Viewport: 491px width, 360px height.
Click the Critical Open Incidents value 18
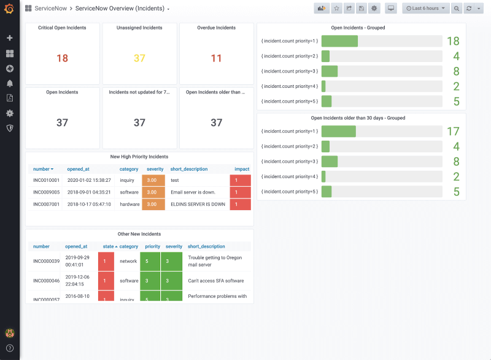click(x=62, y=58)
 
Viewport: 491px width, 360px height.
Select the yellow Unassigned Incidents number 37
click(x=139, y=58)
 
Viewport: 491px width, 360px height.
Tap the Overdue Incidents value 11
click(x=216, y=58)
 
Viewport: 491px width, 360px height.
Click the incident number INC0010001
click(x=46, y=180)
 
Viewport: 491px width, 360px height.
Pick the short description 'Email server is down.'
click(x=193, y=192)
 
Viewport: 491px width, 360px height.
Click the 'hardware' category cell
click(x=129, y=204)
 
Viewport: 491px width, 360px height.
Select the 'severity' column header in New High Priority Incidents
click(x=155, y=169)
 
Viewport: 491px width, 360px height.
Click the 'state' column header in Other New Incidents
click(x=107, y=246)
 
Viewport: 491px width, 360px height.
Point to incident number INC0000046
click(x=46, y=281)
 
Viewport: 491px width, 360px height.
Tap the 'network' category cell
click(x=128, y=261)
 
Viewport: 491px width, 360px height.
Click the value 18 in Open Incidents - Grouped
click(x=453, y=41)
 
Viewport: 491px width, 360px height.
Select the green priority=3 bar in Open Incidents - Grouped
click(x=330, y=71)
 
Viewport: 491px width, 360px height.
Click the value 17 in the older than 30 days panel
click(x=453, y=131)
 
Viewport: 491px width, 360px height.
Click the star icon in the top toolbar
click(x=337, y=9)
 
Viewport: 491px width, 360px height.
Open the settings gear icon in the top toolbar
click(x=374, y=9)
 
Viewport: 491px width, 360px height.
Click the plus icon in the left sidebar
click(x=9, y=38)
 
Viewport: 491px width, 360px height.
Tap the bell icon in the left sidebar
click(x=9, y=83)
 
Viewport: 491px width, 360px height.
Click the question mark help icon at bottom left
click(x=9, y=348)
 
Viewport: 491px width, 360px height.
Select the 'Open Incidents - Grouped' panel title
click(x=358, y=28)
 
